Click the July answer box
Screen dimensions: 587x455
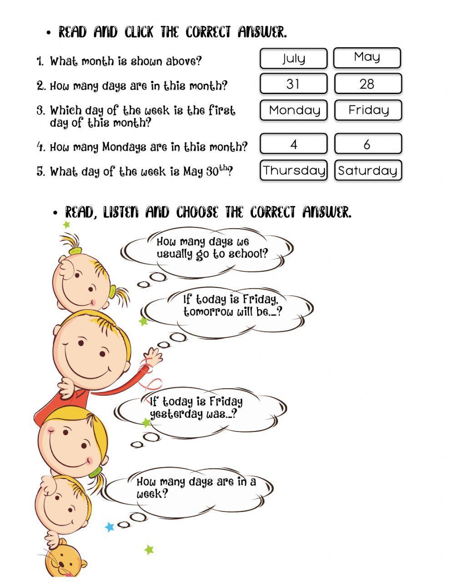pos(293,59)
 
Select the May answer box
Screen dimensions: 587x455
pos(367,58)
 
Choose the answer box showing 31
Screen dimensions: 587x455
pos(293,84)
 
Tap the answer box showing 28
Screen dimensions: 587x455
pos(368,84)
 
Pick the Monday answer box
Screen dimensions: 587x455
pos(293,110)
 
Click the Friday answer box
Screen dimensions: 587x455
pos(368,110)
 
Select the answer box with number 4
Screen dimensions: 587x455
pos(293,144)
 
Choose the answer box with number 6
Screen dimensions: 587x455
pos(368,144)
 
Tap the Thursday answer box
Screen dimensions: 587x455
pos(293,171)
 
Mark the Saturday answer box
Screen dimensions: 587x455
pos(368,171)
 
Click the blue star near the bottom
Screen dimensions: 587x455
pos(109,527)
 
